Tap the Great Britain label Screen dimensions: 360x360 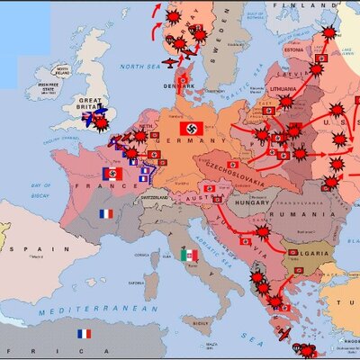(87, 103)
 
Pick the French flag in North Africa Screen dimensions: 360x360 (84, 333)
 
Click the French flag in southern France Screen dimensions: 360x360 (106, 214)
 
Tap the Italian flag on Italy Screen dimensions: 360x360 (188, 255)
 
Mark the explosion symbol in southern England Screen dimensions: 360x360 (102, 121)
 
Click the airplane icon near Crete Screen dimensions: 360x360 (284, 335)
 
